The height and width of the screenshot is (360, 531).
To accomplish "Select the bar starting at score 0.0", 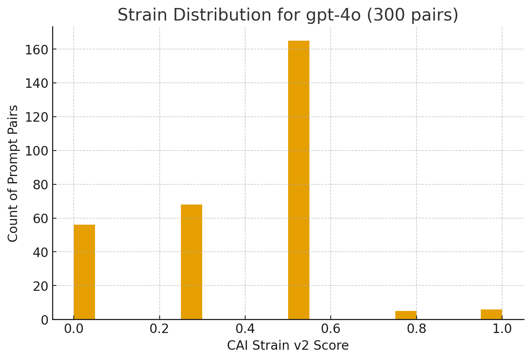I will [x=84, y=272].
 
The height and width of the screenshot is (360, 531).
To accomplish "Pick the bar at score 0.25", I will [x=191, y=262].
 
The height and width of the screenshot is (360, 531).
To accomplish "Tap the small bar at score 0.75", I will [x=406, y=315].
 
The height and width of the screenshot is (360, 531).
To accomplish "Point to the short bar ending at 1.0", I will [x=491, y=314].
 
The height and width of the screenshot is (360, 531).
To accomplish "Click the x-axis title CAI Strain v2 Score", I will [x=288, y=346].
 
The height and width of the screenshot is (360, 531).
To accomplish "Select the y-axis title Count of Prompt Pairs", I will [x=13, y=173].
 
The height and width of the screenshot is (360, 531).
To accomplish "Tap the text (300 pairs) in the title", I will [x=412, y=15].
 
